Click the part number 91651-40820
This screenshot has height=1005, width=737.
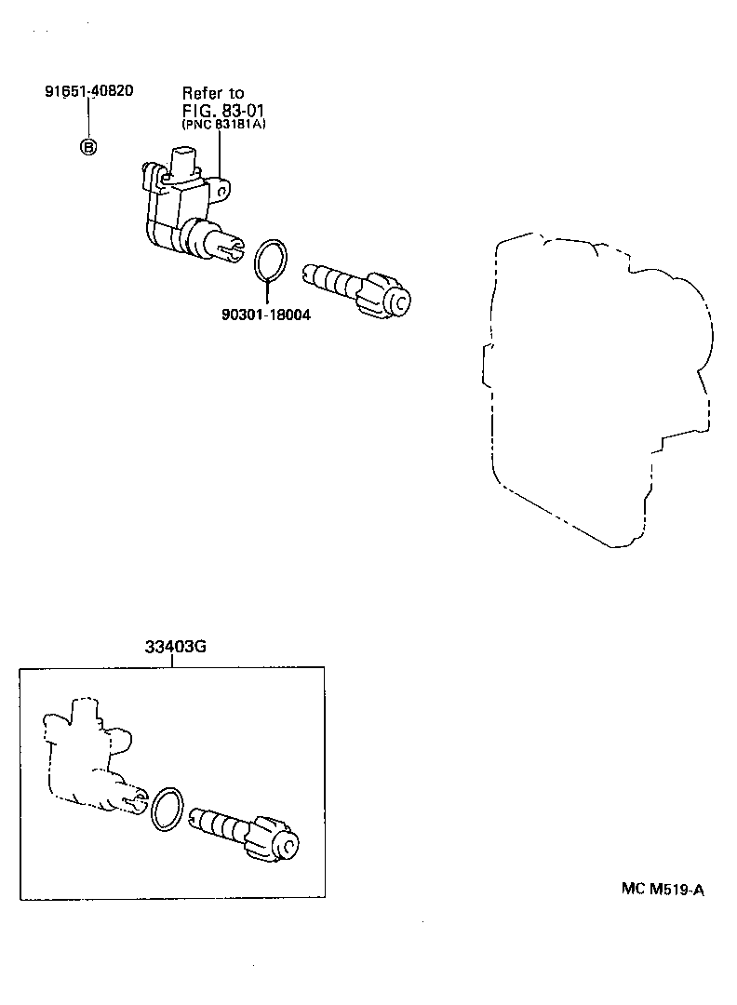(88, 91)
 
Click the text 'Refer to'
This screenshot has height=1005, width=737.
(212, 93)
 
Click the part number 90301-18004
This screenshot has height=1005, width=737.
(266, 315)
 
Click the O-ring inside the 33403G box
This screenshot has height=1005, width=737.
(167, 808)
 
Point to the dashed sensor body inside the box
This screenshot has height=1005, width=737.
(88, 758)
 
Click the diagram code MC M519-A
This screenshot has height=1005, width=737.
(663, 889)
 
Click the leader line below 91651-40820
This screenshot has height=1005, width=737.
(88, 118)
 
